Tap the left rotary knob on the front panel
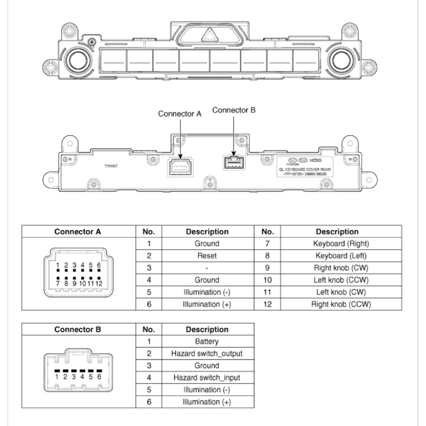[x=77, y=59]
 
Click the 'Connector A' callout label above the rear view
[x=179, y=114]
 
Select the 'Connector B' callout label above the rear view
[x=234, y=110]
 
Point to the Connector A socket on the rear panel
[x=179, y=166]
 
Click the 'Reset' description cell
[x=207, y=256]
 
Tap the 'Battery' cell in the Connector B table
[x=207, y=341]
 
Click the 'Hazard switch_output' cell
[x=207, y=353]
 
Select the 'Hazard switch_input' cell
[x=207, y=378]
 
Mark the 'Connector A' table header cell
[x=78, y=232]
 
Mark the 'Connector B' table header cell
[x=78, y=329]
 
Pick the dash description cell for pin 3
[x=207, y=268]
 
